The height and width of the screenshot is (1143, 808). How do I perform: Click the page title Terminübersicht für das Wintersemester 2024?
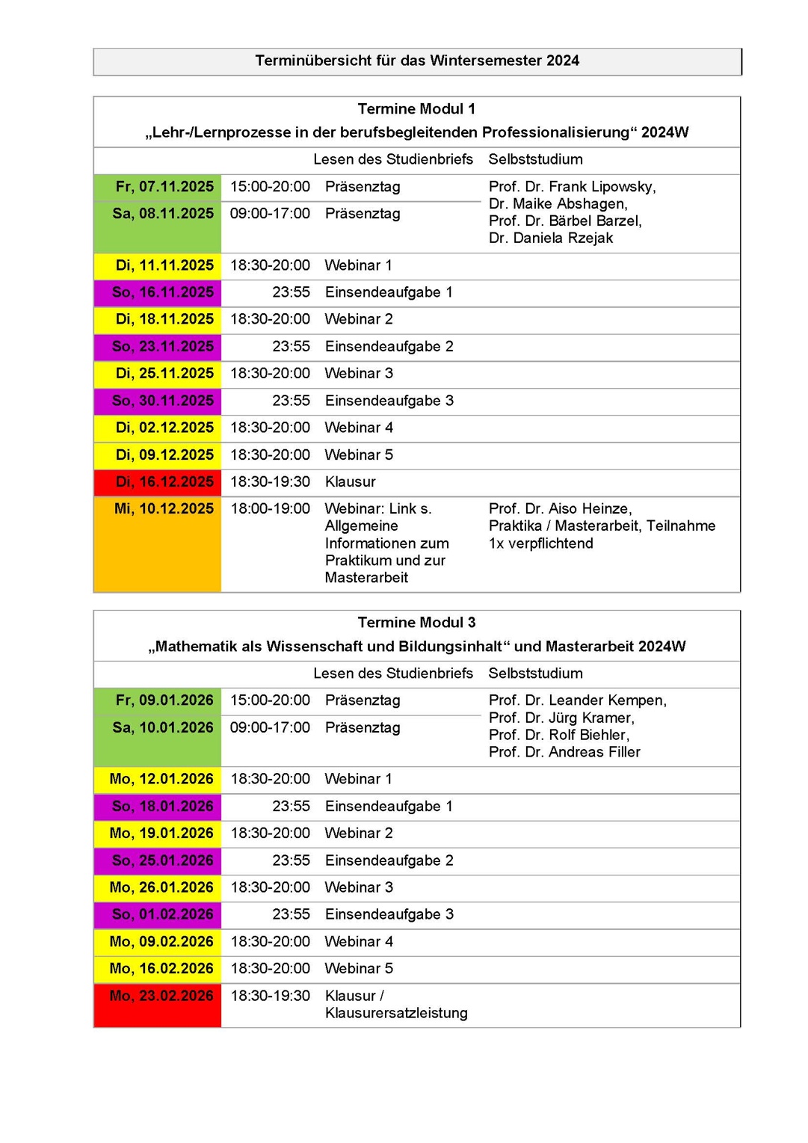pyautogui.click(x=417, y=61)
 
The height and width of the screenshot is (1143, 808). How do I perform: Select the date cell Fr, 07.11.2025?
pyautogui.click(x=164, y=187)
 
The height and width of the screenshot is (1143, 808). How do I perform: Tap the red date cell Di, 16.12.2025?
pyautogui.click(x=164, y=482)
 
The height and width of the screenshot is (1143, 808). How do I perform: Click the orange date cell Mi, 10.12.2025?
pyautogui.click(x=164, y=509)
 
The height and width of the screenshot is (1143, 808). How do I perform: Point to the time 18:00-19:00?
pyautogui.click(x=270, y=509)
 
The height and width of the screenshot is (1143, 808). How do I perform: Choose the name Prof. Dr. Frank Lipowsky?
pyautogui.click(x=572, y=187)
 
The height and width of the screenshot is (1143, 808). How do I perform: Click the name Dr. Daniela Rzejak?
pyautogui.click(x=551, y=238)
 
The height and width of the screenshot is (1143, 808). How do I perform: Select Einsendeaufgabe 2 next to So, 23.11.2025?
pyautogui.click(x=389, y=347)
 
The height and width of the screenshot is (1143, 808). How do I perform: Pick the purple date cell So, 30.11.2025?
pyautogui.click(x=163, y=401)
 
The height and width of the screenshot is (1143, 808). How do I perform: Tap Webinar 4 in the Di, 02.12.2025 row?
pyautogui.click(x=359, y=428)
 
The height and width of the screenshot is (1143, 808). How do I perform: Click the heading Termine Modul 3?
pyautogui.click(x=416, y=623)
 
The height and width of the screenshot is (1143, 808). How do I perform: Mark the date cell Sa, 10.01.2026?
pyautogui.click(x=163, y=728)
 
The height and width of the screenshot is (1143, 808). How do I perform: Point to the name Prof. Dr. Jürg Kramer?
pyautogui.click(x=561, y=718)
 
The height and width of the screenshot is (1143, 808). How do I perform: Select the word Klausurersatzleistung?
pyautogui.click(x=396, y=1014)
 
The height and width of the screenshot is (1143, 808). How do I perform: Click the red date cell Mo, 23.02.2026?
pyautogui.click(x=161, y=996)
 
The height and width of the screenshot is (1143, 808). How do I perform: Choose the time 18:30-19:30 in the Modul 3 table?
pyautogui.click(x=270, y=996)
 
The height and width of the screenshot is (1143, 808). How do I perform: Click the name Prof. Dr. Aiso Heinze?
pyautogui.click(x=560, y=509)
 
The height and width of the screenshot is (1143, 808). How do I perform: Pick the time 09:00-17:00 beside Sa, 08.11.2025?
pyautogui.click(x=270, y=214)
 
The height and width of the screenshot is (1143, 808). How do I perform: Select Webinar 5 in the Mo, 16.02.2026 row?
pyautogui.click(x=359, y=969)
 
